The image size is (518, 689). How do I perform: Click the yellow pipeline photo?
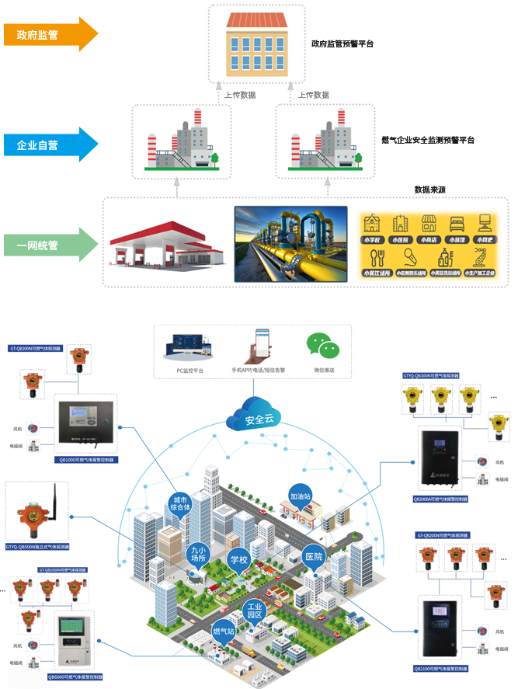[x=290, y=244]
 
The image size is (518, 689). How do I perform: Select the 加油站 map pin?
[x=300, y=496]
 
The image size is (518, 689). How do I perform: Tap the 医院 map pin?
[x=313, y=557]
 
